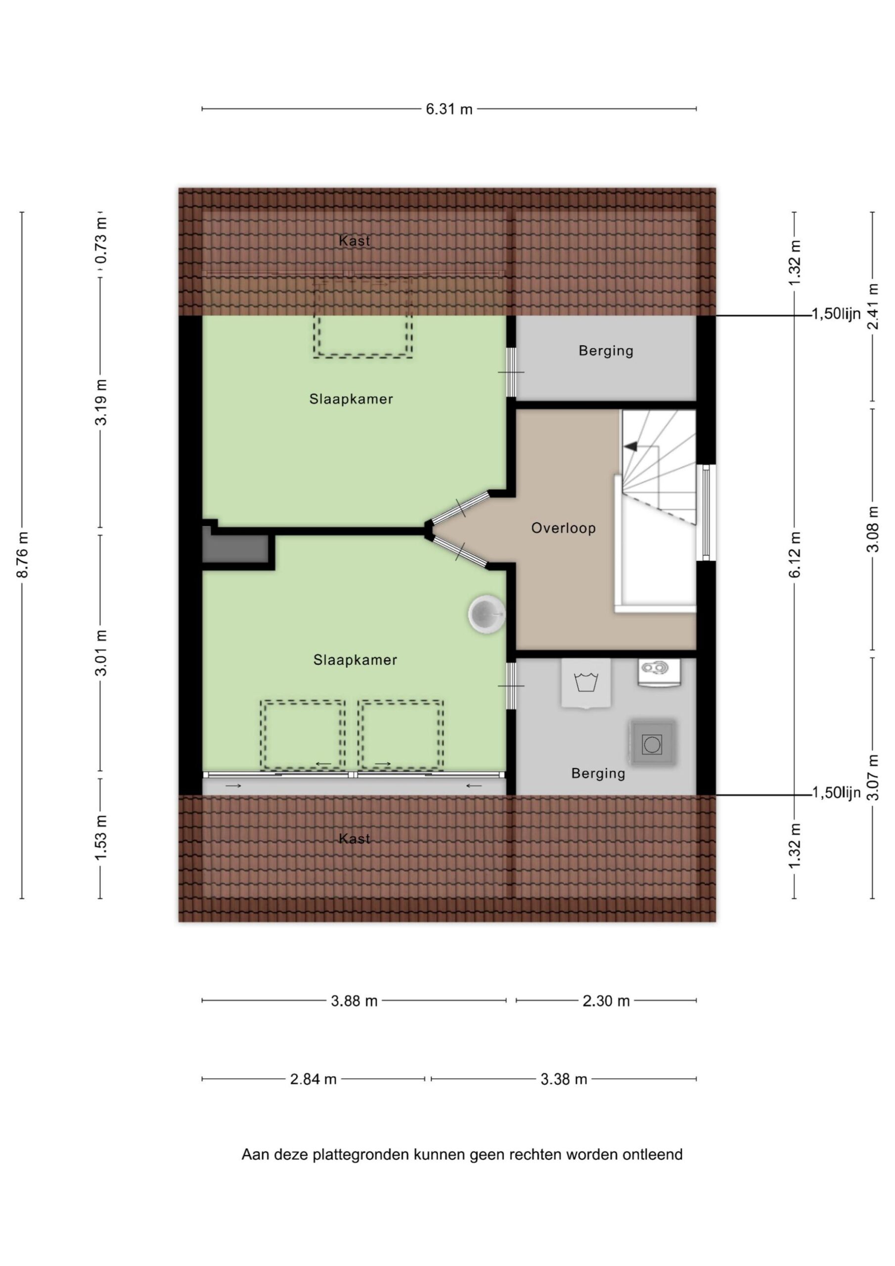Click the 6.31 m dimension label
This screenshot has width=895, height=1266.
[x=449, y=109]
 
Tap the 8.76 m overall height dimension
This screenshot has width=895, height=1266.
[x=23, y=555]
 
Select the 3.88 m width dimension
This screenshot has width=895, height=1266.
[x=354, y=1001]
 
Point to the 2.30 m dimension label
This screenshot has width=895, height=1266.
[x=606, y=1001]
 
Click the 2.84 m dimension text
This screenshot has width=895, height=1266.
[x=313, y=1079]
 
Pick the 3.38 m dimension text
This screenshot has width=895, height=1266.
[x=564, y=1079]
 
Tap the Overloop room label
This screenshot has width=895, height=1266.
[x=564, y=528]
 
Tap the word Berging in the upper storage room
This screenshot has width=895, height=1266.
[x=606, y=351]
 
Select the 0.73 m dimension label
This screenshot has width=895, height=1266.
[x=101, y=241]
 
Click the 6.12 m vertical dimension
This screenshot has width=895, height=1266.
[x=795, y=555]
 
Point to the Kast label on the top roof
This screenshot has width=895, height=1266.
[x=355, y=241]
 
